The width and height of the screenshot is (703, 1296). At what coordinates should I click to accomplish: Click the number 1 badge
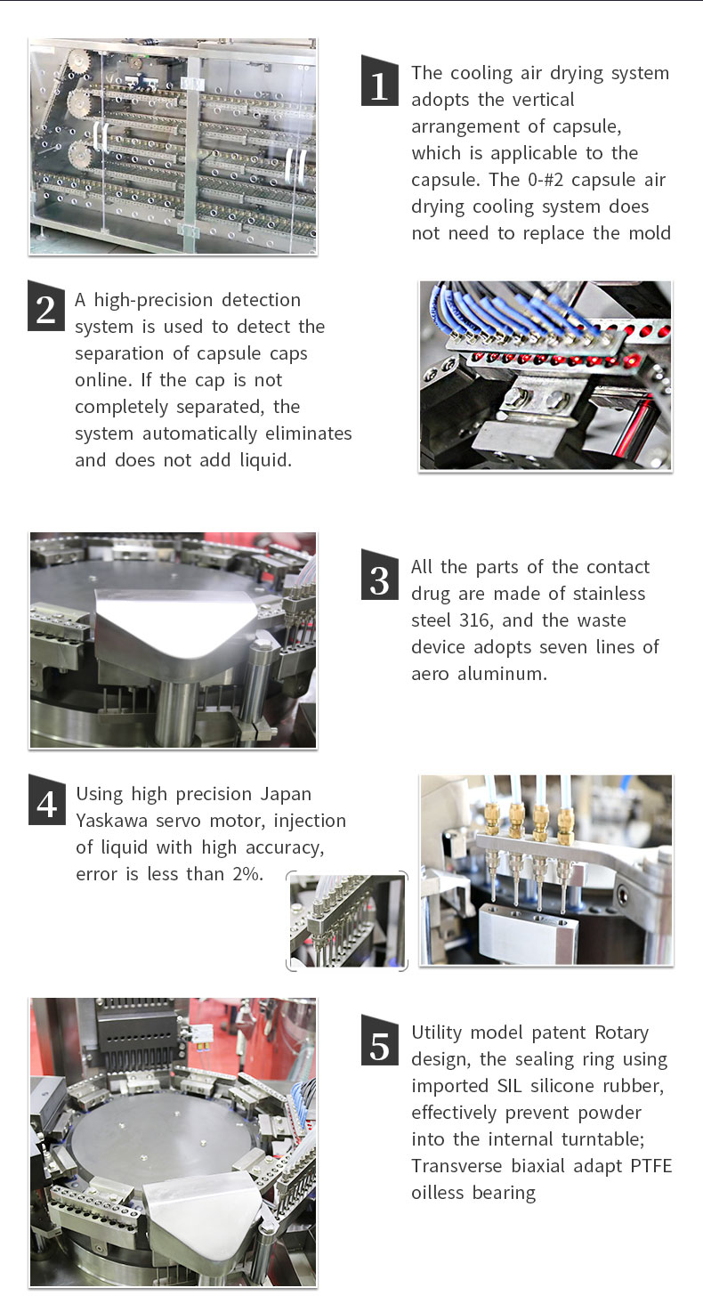pos(380,81)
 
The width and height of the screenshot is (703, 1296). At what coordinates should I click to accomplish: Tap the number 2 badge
pos(46,306)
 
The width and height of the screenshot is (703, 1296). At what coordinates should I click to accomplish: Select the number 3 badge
pos(380,574)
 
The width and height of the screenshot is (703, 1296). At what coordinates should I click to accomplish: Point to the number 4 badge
pos(47,799)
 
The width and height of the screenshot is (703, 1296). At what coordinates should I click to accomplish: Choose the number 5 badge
pos(380,1040)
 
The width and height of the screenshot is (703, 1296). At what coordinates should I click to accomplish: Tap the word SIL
pos(509,1086)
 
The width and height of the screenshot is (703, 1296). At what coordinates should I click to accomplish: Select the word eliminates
pos(309,433)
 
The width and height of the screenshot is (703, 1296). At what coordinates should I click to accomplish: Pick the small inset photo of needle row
pos(347,920)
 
